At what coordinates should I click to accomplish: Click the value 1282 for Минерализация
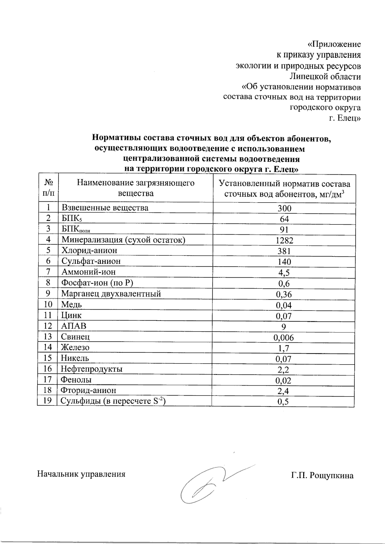[284, 240]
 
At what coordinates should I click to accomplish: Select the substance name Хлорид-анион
[89, 250]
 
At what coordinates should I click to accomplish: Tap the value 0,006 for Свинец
[284, 337]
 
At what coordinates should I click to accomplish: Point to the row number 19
[47, 400]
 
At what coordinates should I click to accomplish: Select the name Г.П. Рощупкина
[322, 475]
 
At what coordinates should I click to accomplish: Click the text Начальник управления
[81, 474]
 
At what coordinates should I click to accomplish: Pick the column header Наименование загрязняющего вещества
[135, 188]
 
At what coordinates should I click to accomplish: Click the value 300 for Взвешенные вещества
[284, 208]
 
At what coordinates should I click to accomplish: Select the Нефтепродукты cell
[92, 369]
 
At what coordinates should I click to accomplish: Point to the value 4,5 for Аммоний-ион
[284, 273]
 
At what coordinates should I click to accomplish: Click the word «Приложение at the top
[334, 44]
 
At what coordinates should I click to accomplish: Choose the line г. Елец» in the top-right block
[345, 118]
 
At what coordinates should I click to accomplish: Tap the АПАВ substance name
[74, 326]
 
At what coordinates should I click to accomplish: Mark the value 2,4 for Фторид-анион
[284, 391]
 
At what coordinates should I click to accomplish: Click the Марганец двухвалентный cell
[111, 294]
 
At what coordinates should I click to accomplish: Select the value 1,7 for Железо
[284, 348]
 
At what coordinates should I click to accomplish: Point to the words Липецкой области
[325, 77]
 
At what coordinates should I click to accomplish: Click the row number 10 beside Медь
[47, 304]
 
